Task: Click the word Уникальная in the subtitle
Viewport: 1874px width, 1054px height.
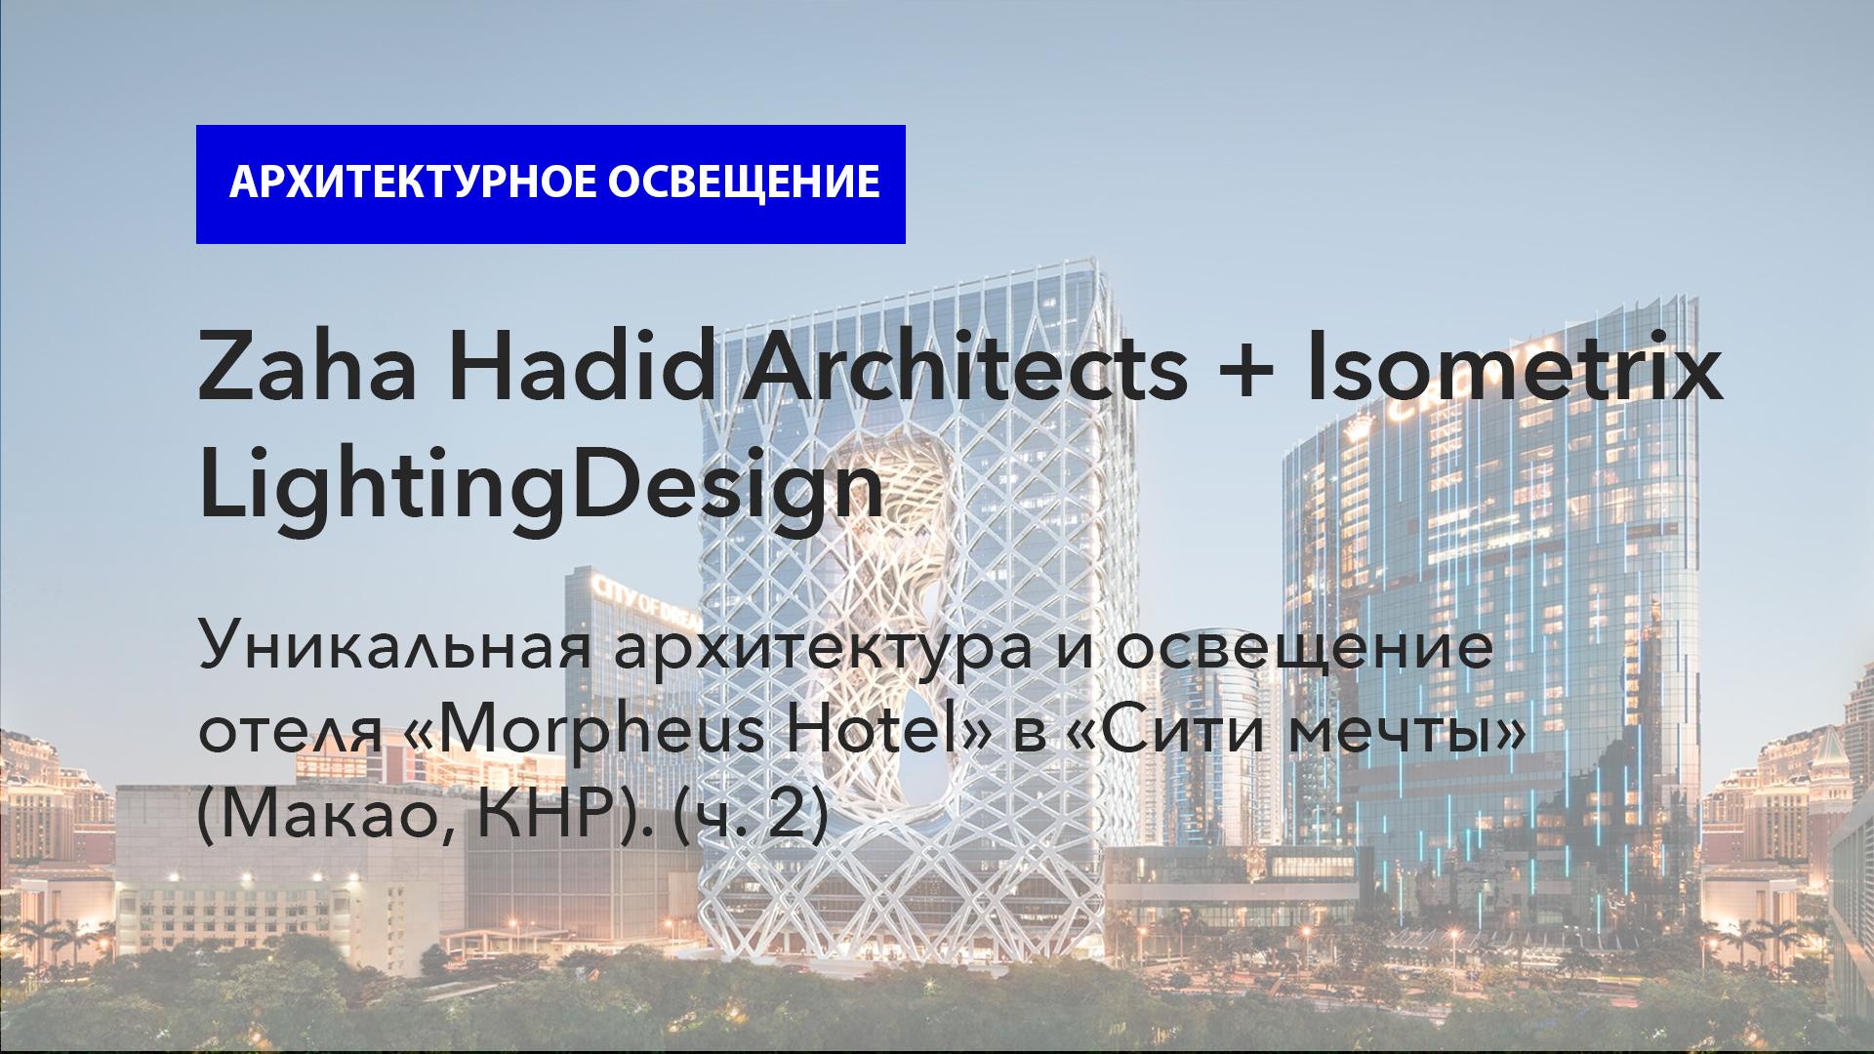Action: click(x=395, y=650)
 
